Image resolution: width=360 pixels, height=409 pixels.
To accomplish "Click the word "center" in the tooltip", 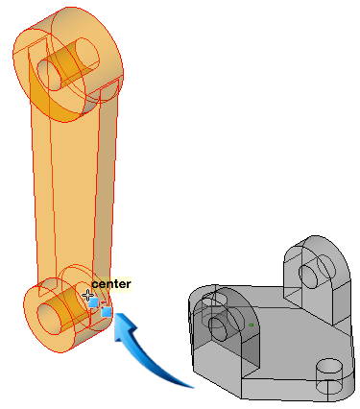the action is coord(111,284).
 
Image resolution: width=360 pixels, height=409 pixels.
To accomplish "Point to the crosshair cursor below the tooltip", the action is coord(87,296).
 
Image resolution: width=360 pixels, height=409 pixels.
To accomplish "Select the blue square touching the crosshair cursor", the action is coord(93,302).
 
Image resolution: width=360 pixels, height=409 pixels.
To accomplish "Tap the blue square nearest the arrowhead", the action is coord(107,312).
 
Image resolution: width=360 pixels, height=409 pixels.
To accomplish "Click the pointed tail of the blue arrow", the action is coord(191,387).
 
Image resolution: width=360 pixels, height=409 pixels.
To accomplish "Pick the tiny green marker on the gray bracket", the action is coord(252,325).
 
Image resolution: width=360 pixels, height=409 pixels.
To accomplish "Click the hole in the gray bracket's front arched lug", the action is coord(218,327).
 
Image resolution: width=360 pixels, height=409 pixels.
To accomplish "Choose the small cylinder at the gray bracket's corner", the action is coord(328,376).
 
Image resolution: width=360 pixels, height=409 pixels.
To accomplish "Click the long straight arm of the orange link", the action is coord(74,192).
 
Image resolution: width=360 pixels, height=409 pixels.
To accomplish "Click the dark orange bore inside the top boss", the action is coord(63,64).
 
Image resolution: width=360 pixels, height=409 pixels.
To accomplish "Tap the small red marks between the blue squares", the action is coord(102,304).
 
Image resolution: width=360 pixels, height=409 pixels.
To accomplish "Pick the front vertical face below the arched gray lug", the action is coord(218,363).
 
